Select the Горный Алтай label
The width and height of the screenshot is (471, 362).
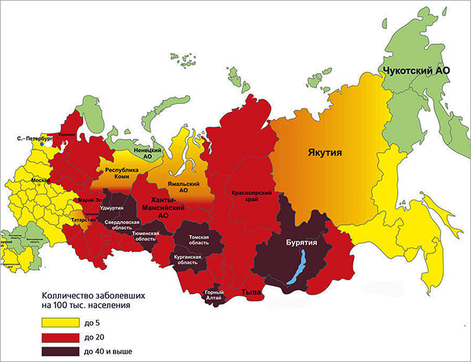214,296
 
